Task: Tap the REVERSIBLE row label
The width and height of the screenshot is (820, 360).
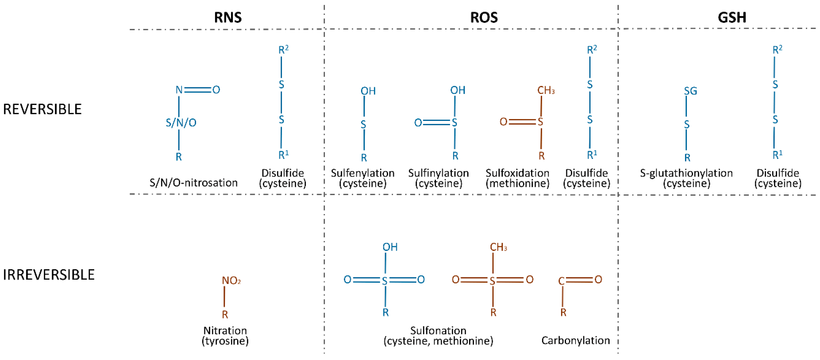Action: (x=42, y=109)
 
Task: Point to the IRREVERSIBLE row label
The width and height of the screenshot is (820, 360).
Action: (x=49, y=275)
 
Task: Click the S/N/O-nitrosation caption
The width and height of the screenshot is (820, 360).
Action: (x=194, y=183)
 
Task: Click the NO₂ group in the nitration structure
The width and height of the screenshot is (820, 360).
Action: (x=231, y=280)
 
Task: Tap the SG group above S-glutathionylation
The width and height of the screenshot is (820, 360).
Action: (x=691, y=91)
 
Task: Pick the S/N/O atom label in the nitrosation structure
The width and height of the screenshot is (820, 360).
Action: (x=181, y=122)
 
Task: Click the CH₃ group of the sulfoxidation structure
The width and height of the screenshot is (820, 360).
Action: (x=546, y=90)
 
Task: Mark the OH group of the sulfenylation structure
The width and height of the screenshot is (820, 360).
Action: (x=368, y=91)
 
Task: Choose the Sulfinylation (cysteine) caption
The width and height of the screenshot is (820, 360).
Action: (x=438, y=178)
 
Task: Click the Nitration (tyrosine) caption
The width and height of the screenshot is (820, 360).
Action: (x=225, y=336)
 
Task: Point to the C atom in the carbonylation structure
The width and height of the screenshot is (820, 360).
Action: (x=561, y=281)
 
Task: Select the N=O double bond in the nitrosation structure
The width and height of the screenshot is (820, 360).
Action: (x=198, y=90)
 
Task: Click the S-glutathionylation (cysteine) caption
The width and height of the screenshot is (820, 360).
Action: (x=686, y=178)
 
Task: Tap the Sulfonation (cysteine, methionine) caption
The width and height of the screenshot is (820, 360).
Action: (x=438, y=336)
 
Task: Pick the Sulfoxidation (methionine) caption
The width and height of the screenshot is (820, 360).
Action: (x=517, y=178)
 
